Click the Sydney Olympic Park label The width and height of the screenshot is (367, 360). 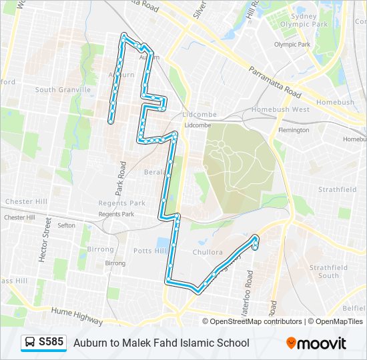click(304, 20)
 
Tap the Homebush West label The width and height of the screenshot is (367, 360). click(280, 109)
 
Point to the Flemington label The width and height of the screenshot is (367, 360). click(294, 130)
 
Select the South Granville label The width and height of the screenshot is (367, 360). click(63, 90)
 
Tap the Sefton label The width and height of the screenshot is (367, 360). click(67, 226)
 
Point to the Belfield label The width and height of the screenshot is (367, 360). click(354, 309)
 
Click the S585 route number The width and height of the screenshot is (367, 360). click(51, 343)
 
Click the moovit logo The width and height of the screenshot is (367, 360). click(316, 343)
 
